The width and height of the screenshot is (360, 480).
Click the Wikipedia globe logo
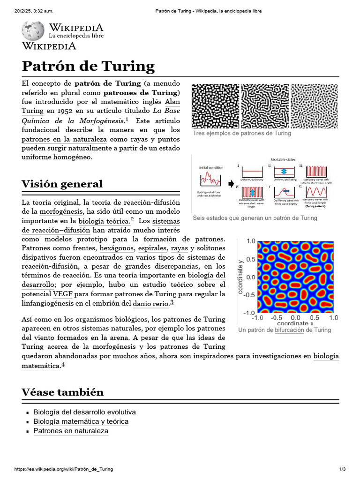click(33, 31)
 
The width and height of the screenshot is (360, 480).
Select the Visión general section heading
click(62, 184)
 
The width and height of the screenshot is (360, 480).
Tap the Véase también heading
click(62, 392)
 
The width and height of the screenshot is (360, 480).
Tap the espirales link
click(152, 248)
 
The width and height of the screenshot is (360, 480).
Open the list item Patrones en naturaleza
click(71, 431)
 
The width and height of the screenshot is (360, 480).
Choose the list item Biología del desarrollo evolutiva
click(84, 412)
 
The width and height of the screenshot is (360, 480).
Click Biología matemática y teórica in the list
click(81, 421)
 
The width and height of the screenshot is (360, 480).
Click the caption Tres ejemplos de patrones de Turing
click(242, 133)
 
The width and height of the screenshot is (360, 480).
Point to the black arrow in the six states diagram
click(230, 184)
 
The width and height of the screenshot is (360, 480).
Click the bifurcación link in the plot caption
click(289, 330)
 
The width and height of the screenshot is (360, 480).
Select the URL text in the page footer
click(64, 469)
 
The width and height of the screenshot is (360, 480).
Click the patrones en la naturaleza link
click(64, 139)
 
